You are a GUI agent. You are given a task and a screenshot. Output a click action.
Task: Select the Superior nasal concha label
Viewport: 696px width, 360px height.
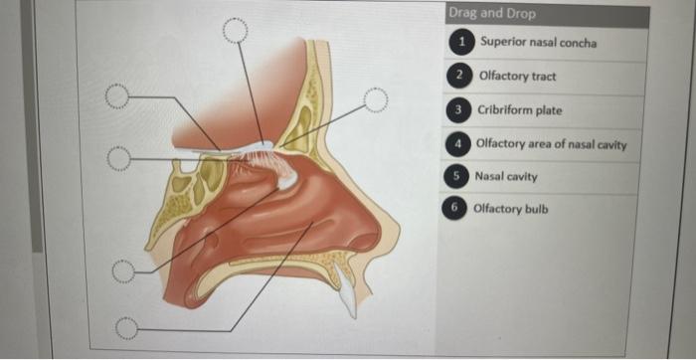[x=538, y=43]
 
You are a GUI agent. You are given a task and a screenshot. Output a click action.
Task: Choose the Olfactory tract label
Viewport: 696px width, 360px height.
[x=517, y=76]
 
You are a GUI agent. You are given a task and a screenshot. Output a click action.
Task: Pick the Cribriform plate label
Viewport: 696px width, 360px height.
[x=520, y=110]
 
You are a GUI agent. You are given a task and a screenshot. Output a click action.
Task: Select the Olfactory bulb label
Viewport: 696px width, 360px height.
[x=510, y=209]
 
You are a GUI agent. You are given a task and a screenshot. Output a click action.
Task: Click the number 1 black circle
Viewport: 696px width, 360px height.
[x=461, y=43]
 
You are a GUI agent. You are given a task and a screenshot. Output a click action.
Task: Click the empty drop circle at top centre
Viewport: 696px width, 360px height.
[x=235, y=31]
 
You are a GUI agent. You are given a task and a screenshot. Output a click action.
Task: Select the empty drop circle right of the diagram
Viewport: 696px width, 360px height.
[x=375, y=98]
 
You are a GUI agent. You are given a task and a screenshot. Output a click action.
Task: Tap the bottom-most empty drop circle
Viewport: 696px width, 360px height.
[x=125, y=327]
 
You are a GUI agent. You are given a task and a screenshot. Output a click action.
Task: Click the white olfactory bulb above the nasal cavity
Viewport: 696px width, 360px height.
[x=261, y=150]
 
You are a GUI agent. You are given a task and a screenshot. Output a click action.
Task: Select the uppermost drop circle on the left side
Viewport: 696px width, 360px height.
[x=117, y=96]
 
